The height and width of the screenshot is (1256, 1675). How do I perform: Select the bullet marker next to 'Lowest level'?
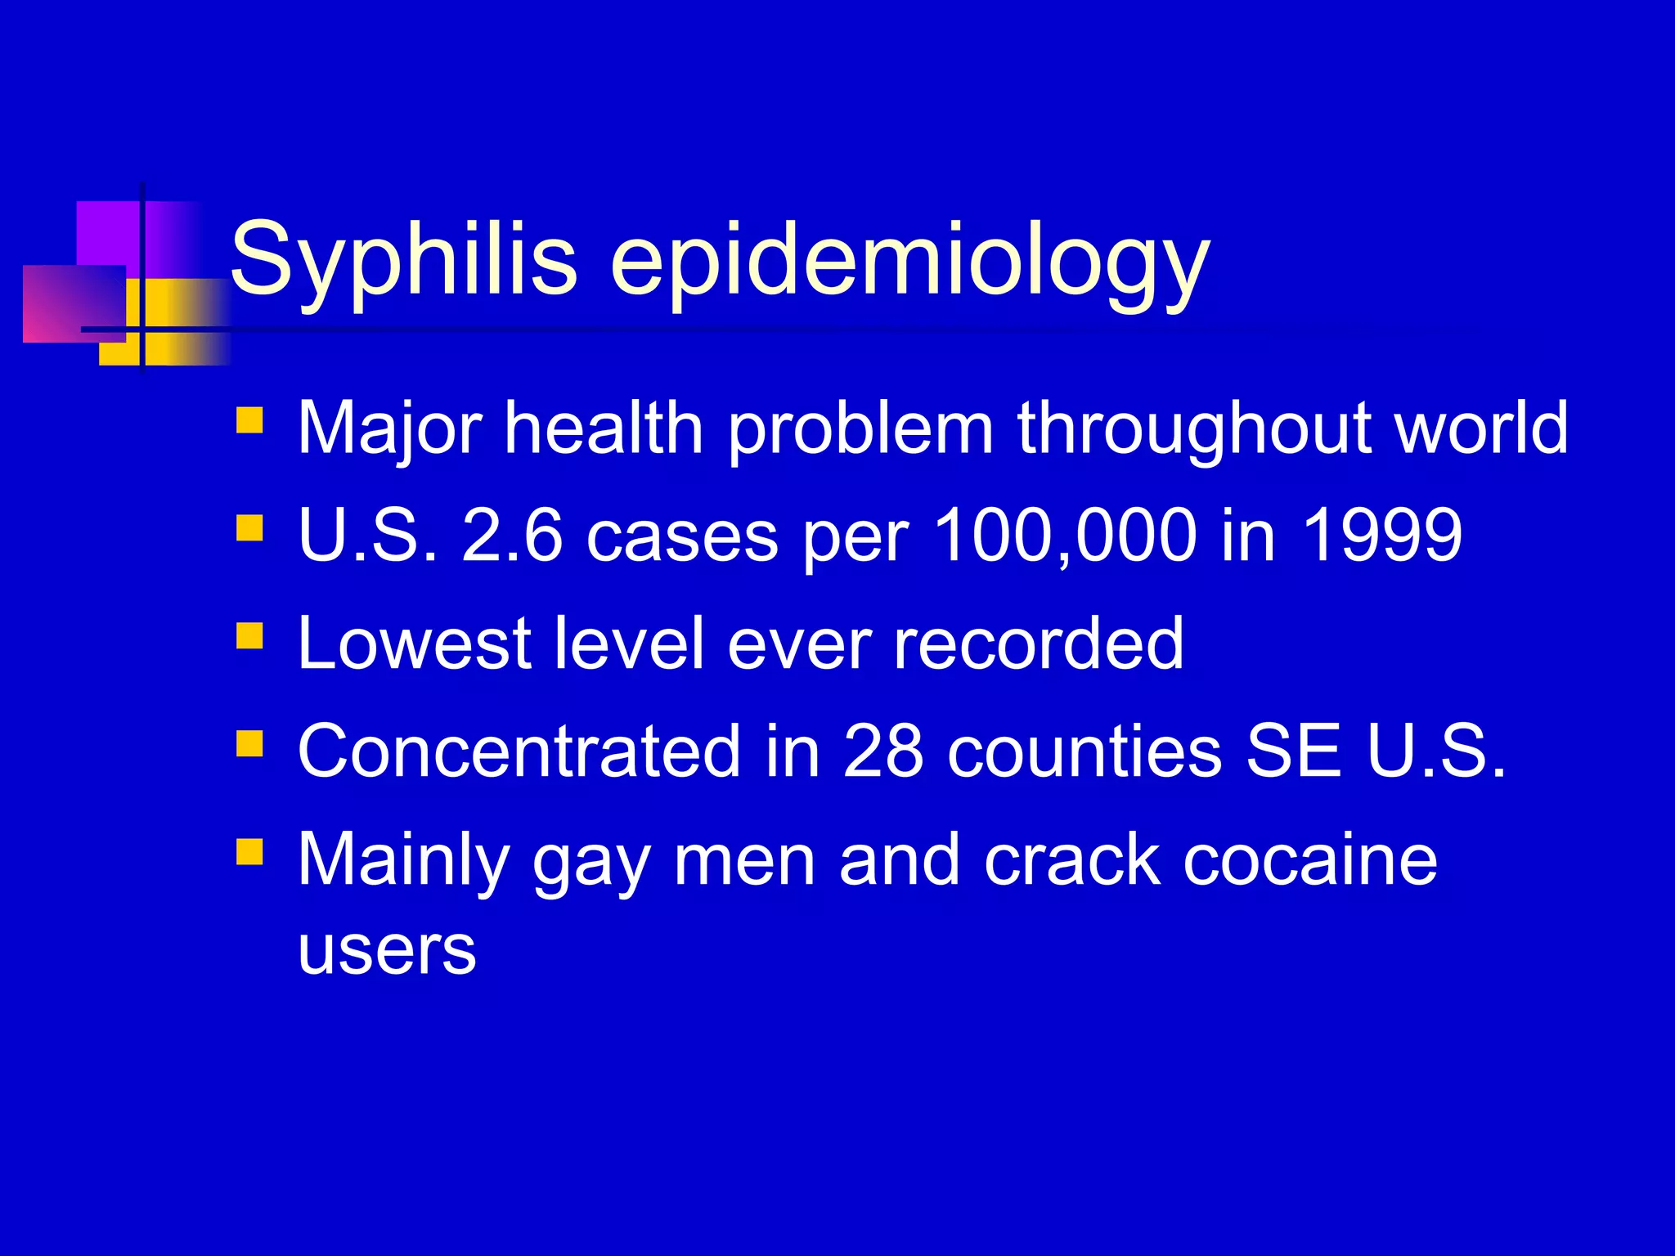249,635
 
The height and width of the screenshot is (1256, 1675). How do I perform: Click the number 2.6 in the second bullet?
512,536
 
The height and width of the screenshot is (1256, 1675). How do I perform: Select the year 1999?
1381,536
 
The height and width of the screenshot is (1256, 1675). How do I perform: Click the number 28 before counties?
883,751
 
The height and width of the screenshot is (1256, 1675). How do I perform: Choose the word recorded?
1038,644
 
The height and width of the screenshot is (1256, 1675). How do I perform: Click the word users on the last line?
387,950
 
